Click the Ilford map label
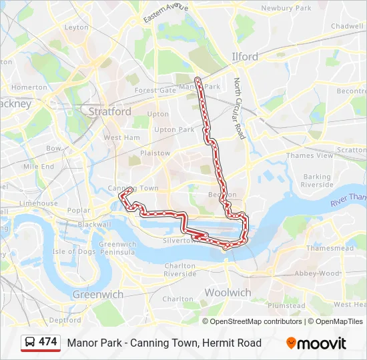click(x=244, y=57)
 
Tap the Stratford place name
click(x=110, y=112)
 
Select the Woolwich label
click(x=228, y=293)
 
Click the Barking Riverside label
click(x=317, y=181)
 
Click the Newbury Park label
click(x=286, y=8)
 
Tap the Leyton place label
click(x=76, y=27)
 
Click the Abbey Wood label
click(x=317, y=273)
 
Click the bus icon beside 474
click(x=30, y=343)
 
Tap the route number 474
click(x=48, y=342)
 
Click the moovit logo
click(x=316, y=343)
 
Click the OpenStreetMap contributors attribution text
click(x=256, y=321)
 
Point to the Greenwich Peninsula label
click(x=118, y=249)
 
